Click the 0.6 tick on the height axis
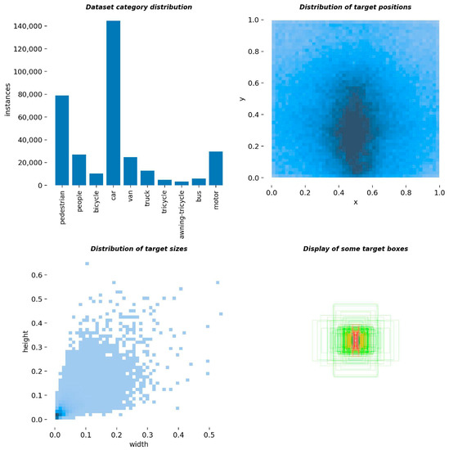pyautogui.click(x=38, y=274)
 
